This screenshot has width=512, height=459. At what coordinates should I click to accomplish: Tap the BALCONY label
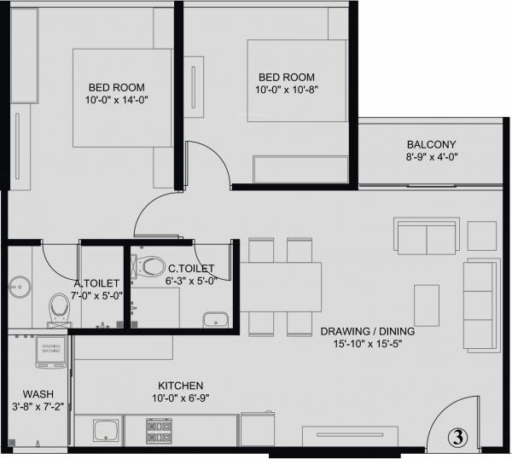(431, 144)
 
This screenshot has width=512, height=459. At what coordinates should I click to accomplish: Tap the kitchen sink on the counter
(105, 429)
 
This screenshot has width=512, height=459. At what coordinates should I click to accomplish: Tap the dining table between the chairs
(281, 287)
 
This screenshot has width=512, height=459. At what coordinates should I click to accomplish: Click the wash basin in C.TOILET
(215, 320)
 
